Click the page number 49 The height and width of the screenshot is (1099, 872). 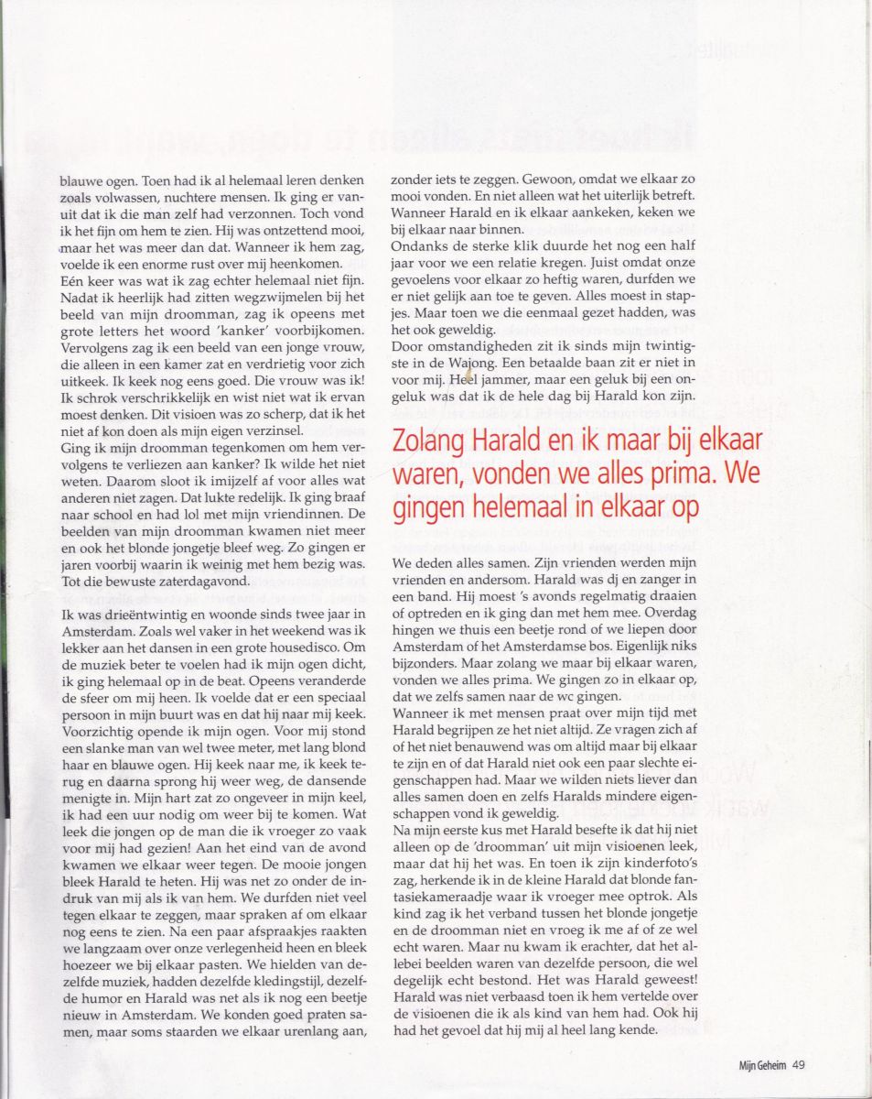point(798,1063)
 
